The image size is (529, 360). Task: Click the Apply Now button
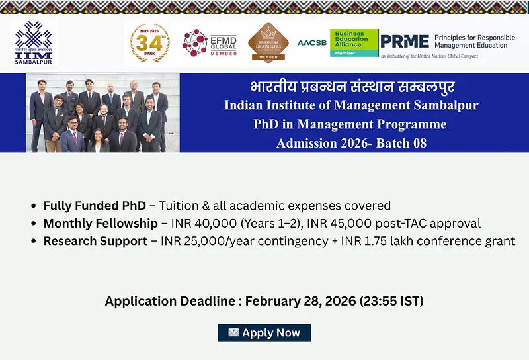(x=264, y=333)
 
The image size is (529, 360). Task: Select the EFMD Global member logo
(x=209, y=43)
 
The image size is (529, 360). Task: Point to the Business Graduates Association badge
(x=268, y=42)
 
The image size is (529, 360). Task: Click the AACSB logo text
(x=311, y=42)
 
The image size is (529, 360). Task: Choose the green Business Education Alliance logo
(x=354, y=42)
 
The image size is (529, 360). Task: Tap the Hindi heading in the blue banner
(x=352, y=87)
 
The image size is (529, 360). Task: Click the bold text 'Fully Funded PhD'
(x=94, y=206)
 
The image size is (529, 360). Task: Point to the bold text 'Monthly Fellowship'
(x=101, y=224)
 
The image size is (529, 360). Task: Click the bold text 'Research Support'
(x=95, y=241)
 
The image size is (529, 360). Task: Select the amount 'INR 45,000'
(x=348, y=224)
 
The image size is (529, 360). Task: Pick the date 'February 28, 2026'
(x=300, y=302)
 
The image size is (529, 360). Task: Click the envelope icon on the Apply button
(x=233, y=333)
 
